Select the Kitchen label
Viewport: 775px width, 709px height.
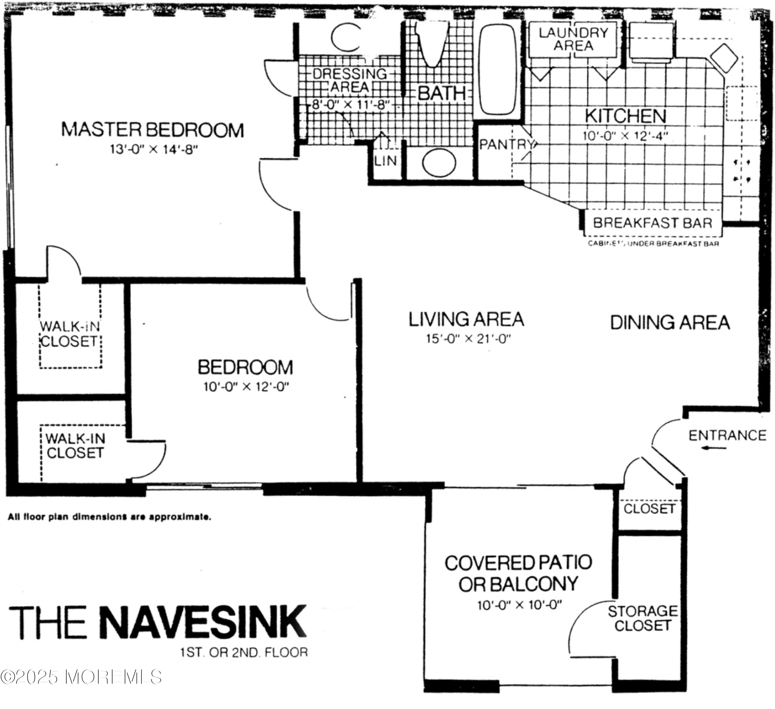click(625, 116)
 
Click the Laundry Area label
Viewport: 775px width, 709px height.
click(573, 39)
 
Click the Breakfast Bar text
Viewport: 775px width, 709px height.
click(652, 223)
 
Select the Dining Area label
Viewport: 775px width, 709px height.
click(670, 322)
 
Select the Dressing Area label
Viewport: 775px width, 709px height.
click(350, 80)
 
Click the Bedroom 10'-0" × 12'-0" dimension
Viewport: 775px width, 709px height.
click(246, 387)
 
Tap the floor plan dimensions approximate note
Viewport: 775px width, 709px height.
click(110, 517)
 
